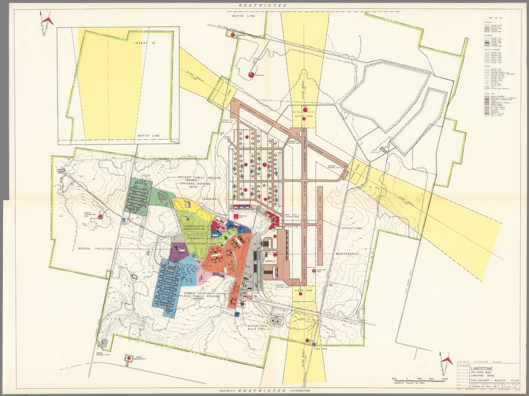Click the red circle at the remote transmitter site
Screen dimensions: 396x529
101,217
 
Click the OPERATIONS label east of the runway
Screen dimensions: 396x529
351,228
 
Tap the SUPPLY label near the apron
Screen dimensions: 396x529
270,261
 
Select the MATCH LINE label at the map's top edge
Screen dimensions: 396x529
243,16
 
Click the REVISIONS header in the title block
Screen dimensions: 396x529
464,365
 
